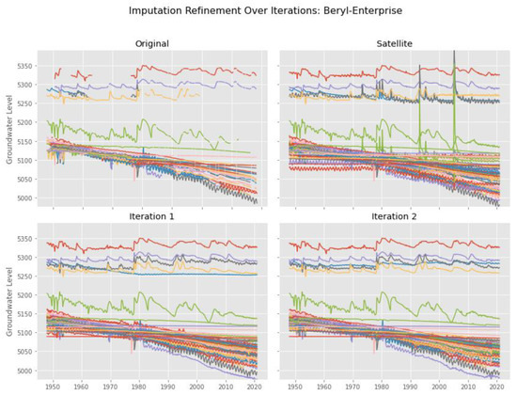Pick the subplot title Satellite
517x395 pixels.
[387, 42]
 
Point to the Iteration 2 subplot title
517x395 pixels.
[387, 216]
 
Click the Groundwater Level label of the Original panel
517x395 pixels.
[10, 130]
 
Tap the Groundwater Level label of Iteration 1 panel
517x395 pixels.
[10, 303]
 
